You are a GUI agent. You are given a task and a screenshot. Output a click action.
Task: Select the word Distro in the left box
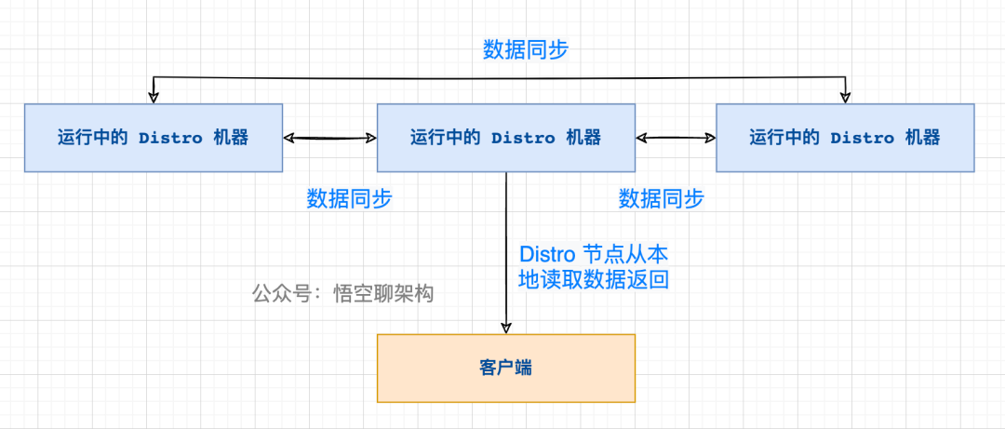170,138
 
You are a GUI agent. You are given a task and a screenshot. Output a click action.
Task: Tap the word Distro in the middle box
523,138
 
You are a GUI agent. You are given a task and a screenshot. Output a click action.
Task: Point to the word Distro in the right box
863,138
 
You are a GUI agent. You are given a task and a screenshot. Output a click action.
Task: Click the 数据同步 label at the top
525,50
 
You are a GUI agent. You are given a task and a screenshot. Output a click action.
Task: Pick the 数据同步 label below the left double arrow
349,198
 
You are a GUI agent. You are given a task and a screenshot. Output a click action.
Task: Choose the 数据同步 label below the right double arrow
661,198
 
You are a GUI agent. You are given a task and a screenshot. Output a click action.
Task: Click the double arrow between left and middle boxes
329,138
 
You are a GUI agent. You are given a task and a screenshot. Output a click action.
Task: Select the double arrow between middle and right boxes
676,138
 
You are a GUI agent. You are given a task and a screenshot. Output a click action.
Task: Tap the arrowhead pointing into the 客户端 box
506,327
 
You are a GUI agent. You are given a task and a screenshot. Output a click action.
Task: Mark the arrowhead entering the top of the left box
154,96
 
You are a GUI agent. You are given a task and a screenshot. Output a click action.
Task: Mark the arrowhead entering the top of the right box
845,96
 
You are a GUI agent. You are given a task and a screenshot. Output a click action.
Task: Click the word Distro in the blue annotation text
547,254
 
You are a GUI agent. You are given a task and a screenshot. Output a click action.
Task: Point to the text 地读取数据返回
594,279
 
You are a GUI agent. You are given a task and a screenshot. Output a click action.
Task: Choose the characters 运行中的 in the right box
784,138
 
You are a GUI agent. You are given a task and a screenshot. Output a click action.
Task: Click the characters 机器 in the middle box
584,138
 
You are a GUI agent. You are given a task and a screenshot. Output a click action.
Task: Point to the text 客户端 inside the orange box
505,368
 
